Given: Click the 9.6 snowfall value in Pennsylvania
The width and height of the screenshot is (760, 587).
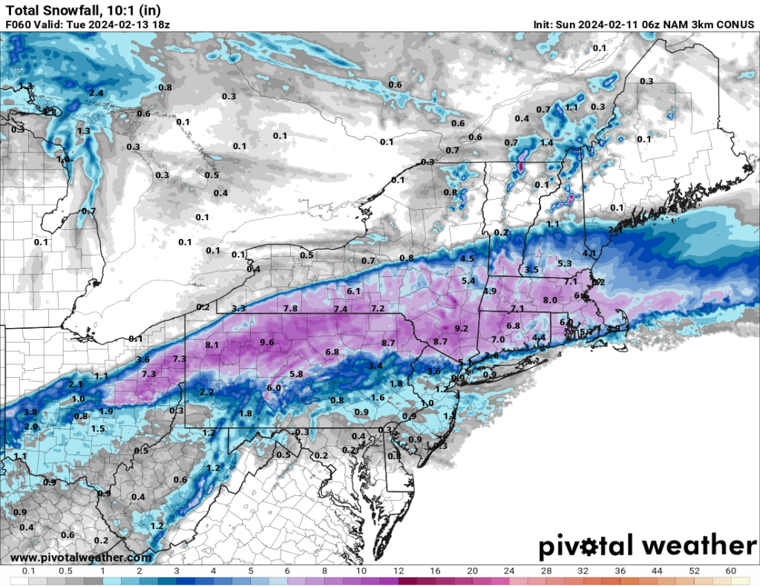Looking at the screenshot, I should coord(267,342).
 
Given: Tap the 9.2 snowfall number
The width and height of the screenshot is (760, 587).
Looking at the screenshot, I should coord(461,329).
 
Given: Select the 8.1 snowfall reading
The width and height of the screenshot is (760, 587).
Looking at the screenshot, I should coord(212,345).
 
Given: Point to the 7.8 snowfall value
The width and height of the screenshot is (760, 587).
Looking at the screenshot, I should coord(290,309).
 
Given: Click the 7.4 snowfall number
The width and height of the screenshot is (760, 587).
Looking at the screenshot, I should coord(341,309).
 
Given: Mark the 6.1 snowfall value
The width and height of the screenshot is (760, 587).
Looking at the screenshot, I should coord(353,291).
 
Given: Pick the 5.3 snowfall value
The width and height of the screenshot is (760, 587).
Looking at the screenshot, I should coord(564,263).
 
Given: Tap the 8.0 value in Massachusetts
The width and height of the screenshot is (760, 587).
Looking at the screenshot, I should coord(550,300).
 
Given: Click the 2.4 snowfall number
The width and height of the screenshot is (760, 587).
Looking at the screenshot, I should coord(96,93).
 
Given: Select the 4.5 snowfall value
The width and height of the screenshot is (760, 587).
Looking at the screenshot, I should coord(468,258).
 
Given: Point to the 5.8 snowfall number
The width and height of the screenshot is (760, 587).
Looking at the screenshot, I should coord(296,374).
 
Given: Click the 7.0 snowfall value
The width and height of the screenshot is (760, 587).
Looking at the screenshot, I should coord(498,339).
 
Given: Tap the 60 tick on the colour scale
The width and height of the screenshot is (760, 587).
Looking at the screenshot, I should coord(731,571).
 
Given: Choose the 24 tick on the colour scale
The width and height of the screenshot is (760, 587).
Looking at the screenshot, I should coord(508,571).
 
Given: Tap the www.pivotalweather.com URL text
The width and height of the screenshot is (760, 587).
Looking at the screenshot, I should coord(82,557).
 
